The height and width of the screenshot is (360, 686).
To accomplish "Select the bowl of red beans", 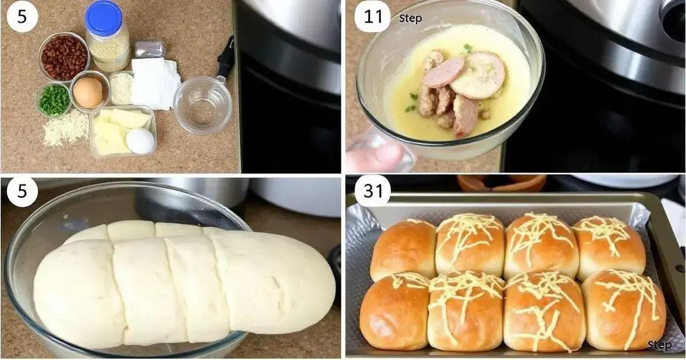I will [63, 57].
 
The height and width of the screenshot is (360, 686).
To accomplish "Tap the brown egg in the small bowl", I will [89, 92].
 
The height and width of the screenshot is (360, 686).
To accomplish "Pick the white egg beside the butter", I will [140, 141].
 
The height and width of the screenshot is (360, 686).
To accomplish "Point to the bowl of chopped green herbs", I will [54, 100].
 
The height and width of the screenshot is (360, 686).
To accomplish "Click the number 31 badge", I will [373, 191].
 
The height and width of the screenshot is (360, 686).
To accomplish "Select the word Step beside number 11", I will [410, 18].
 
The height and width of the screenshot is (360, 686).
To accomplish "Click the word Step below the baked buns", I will [660, 345].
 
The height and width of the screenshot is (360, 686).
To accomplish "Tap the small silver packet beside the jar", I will [150, 49].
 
